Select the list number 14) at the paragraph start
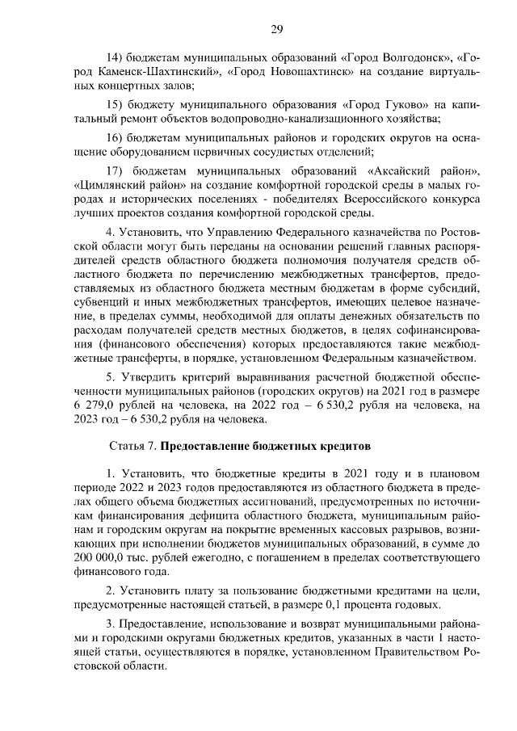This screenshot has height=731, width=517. pos(117,57)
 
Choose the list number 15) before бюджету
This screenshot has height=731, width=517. pos(117,105)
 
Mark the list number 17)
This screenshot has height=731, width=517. pos(118,171)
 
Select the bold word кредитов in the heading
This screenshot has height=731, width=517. pos(343,446)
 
